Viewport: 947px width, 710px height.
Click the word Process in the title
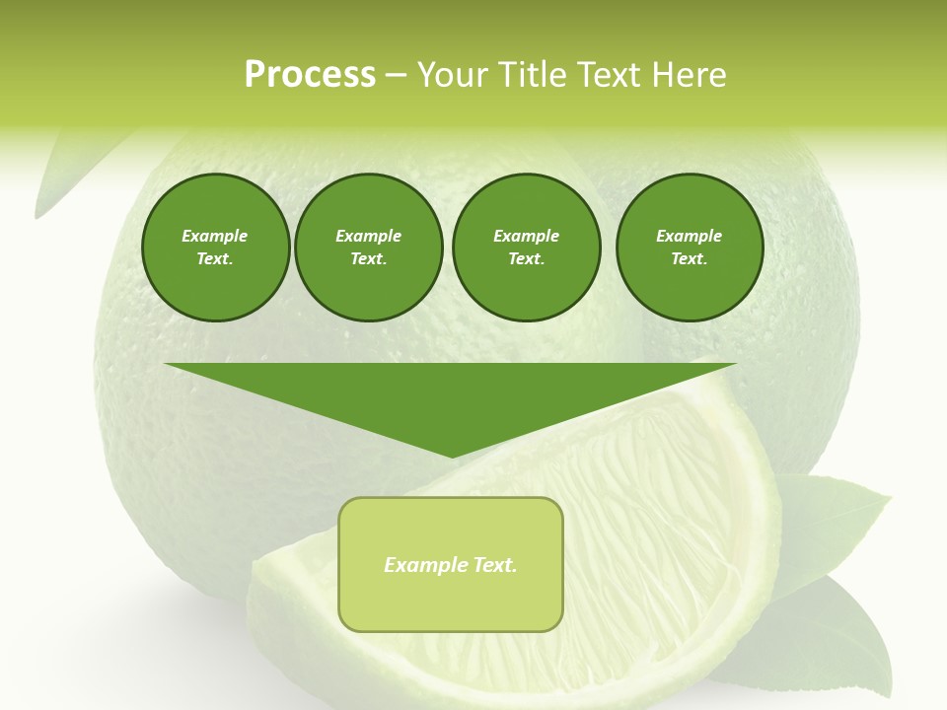pyautogui.click(x=310, y=75)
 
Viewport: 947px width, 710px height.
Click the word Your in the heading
pyautogui.click(x=452, y=75)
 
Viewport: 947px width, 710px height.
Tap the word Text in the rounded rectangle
pyautogui.click(x=496, y=565)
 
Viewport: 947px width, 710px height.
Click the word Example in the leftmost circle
pyautogui.click(x=215, y=236)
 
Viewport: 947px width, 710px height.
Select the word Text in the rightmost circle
pyautogui.click(x=689, y=258)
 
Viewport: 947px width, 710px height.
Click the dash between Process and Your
pyautogui.click(x=397, y=75)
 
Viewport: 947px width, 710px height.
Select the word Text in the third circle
pyautogui.click(x=526, y=258)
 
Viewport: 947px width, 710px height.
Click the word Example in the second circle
pyautogui.click(x=368, y=236)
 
